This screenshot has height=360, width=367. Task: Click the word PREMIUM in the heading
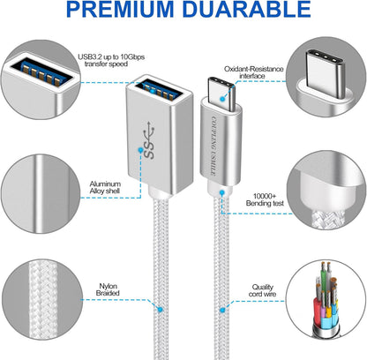pos(120,9)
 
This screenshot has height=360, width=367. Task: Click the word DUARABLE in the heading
pos(247,9)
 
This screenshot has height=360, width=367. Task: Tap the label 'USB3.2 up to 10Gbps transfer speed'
pos(111,60)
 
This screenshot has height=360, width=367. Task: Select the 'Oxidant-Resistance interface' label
pos(254,72)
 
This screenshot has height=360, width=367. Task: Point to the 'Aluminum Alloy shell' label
pos(105,188)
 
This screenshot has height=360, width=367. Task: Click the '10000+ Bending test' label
pos(265,199)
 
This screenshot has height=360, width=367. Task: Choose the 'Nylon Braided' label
pos(108,289)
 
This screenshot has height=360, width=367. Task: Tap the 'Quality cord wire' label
pos(262,290)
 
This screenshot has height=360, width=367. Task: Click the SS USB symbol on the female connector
pos(150,140)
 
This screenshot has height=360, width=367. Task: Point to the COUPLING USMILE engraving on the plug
pos(213,146)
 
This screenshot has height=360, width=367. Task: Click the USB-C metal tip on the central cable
pos(221,94)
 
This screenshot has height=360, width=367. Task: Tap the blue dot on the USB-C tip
pos(222,99)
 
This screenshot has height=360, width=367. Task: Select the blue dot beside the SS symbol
pos(140,150)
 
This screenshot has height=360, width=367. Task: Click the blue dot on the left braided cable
pos(160,309)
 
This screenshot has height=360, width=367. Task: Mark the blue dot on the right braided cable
pos(222,310)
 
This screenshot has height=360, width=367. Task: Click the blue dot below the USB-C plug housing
pos(222,192)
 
